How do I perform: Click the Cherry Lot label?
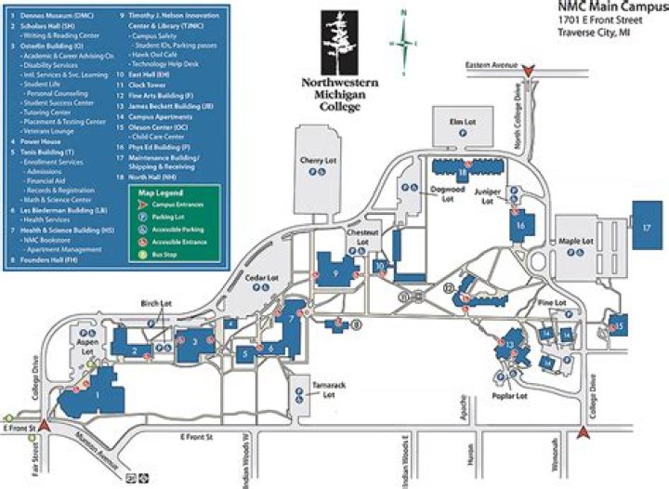tap(310, 160)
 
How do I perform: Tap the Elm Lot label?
tap(456, 122)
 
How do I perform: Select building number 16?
tap(520, 225)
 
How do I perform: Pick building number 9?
tap(334, 272)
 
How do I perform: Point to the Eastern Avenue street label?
tap(492, 66)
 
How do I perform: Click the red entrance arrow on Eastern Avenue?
tap(529, 70)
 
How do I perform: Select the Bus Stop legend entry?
tap(164, 253)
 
